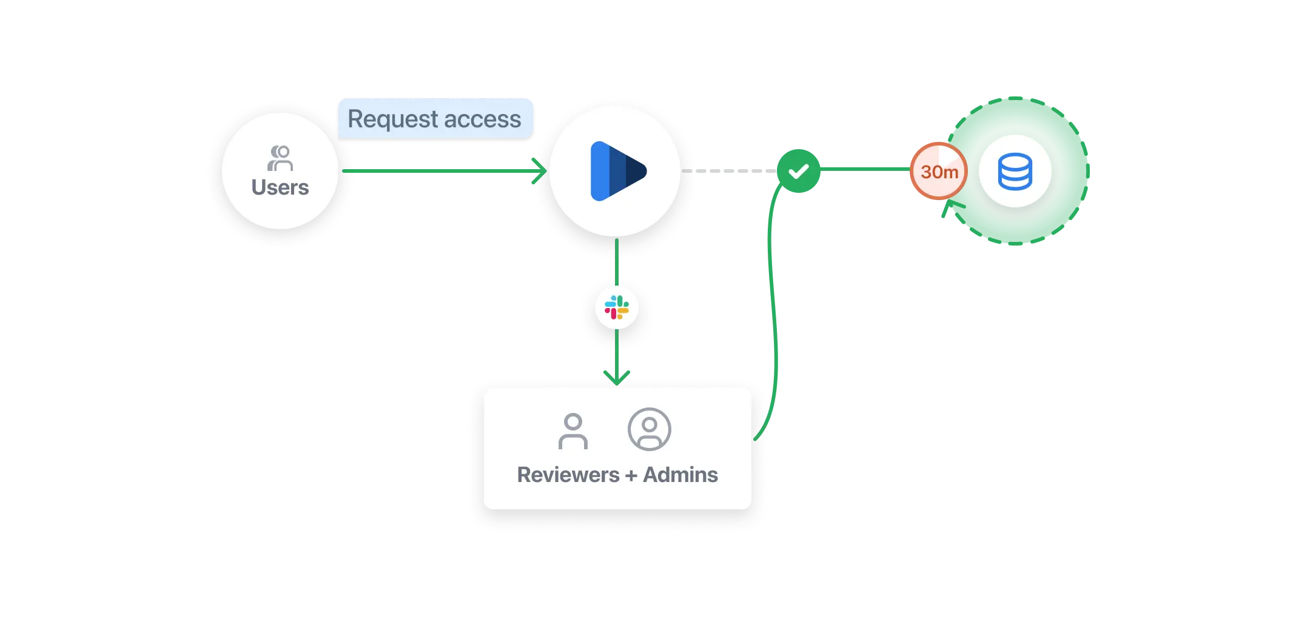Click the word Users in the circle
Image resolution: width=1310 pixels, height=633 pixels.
280,188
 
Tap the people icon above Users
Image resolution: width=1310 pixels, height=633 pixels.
280,158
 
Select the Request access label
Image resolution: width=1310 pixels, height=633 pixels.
435,119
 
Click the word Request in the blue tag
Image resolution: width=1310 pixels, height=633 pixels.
392,119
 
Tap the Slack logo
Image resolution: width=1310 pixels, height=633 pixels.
617,307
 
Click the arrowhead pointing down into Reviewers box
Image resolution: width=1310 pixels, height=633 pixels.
617,378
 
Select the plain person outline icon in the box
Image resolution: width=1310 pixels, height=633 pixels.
573,431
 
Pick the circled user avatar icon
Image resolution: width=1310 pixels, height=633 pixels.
649,429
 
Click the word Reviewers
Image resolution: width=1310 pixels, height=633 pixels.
568,475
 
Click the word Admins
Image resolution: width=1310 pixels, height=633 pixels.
680,475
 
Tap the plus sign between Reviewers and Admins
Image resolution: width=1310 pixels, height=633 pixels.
631,475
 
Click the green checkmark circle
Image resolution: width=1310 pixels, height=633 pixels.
798,172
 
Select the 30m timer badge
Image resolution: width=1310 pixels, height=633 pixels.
939,172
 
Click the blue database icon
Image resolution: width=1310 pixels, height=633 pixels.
1015,172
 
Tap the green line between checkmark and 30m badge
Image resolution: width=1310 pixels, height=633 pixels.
864,170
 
